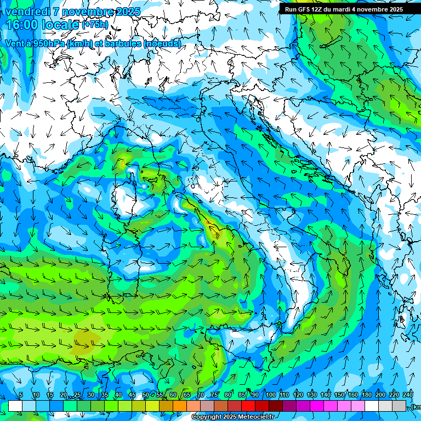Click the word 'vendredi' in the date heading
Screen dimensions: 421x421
click(x=27, y=12)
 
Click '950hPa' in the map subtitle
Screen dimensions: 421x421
click(x=50, y=43)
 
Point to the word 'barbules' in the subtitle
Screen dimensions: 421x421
click(x=121, y=43)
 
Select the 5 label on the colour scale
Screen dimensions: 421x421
click(x=21, y=395)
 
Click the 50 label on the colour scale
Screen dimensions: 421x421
click(x=145, y=395)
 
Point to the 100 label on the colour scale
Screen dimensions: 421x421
click(x=270, y=395)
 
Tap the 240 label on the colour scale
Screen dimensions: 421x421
click(x=408, y=395)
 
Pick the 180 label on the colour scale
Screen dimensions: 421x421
click(x=380, y=395)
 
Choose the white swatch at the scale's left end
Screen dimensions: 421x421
click(x=15, y=406)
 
